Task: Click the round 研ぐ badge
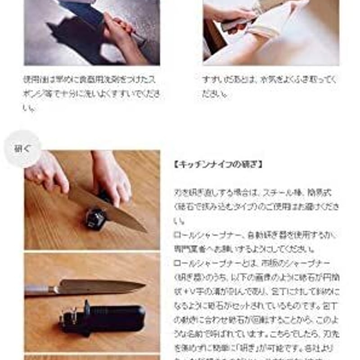point(22,149)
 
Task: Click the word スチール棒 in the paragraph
point(279,193)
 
